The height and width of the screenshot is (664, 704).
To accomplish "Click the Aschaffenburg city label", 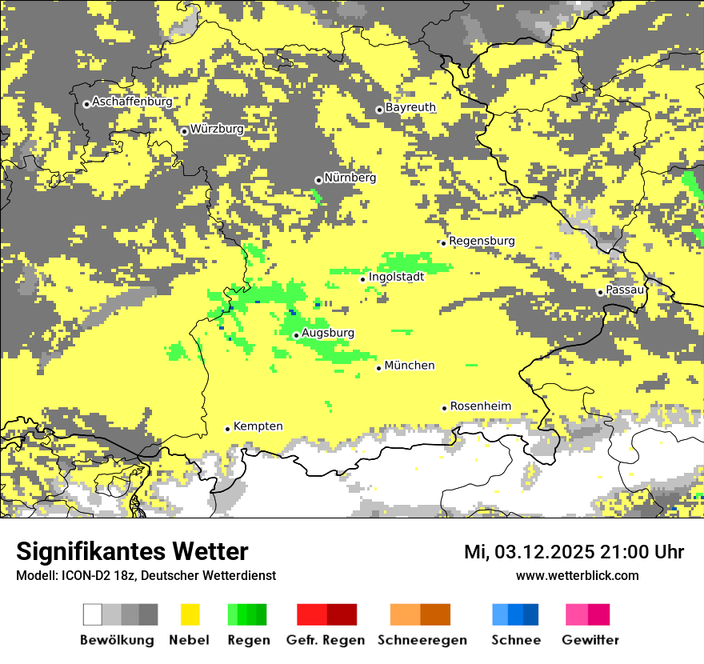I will (x=132, y=102).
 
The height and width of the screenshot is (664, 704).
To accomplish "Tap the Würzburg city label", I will (x=217, y=129).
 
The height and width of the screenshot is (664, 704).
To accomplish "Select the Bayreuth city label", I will (x=410, y=107).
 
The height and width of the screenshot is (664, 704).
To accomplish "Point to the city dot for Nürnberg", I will (x=318, y=180).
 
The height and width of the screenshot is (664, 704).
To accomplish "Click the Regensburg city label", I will (x=482, y=241).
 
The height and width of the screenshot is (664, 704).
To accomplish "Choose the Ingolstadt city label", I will (x=396, y=277).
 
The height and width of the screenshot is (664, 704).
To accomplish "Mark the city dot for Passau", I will (x=600, y=292).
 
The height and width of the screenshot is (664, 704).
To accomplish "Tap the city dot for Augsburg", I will (x=296, y=335).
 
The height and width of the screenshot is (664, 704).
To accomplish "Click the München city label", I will (x=410, y=366).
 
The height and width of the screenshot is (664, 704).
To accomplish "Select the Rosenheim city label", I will (x=480, y=406).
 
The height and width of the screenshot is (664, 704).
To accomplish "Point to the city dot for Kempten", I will (x=227, y=429).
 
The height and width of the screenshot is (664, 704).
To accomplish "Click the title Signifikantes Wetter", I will (x=132, y=552).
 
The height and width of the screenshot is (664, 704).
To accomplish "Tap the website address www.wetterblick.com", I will (x=577, y=576).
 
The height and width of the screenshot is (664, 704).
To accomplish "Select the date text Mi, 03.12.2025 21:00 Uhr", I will (x=574, y=552).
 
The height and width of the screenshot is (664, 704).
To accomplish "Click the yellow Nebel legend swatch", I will (x=190, y=614).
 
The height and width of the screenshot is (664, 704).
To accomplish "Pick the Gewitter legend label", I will (x=590, y=640).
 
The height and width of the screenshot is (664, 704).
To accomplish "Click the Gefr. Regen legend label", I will (x=326, y=640).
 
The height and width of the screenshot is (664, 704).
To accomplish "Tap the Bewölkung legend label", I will (x=117, y=640).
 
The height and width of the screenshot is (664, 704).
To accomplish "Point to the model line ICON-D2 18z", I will (x=146, y=576).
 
